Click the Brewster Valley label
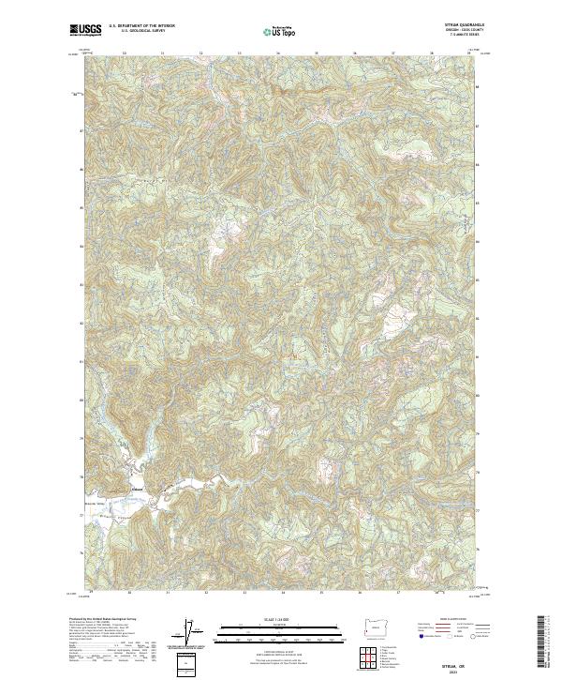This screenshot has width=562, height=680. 93,506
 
